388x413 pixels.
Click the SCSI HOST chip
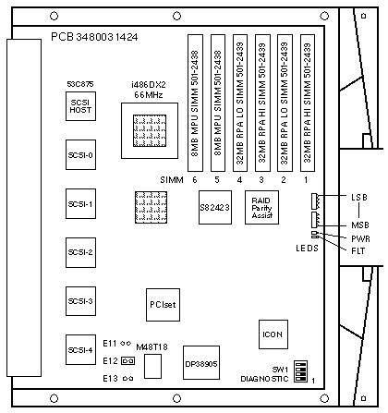pyautogui.click(x=80, y=106)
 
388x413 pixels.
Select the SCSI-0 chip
pyautogui.click(x=80, y=154)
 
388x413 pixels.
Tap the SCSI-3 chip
pyautogui.click(x=80, y=301)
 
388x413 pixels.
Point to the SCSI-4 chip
pyautogui.click(x=80, y=350)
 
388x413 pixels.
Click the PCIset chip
pyautogui.click(x=163, y=305)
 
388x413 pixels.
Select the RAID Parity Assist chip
pyautogui.click(x=261, y=207)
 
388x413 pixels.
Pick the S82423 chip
pyautogui.click(x=215, y=207)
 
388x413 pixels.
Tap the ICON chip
pyautogui.click(x=273, y=334)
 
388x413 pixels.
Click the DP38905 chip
pyautogui.click(x=201, y=362)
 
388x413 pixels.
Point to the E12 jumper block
pyautogui.click(x=128, y=360)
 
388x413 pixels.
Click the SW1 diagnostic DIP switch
pyautogui.click(x=300, y=371)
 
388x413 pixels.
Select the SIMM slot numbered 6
pyautogui.click(x=195, y=103)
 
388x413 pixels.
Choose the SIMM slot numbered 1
pyautogui.click(x=308, y=103)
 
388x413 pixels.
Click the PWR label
pyautogui.click(x=360, y=238)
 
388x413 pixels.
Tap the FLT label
pyautogui.click(x=358, y=251)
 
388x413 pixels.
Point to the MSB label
pyautogui.click(x=360, y=225)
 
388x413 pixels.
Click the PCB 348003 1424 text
pyautogui.click(x=94, y=37)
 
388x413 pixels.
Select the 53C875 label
pyautogui.click(x=80, y=84)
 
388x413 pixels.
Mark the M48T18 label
pyautogui.click(x=152, y=347)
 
